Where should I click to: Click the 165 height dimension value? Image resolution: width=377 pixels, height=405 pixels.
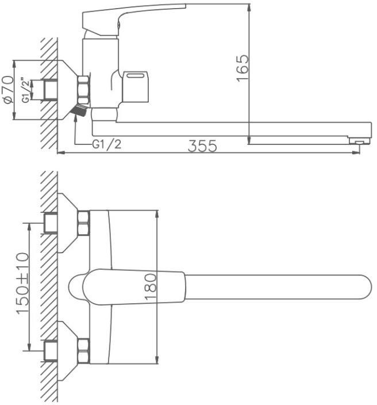(x=243, y=68)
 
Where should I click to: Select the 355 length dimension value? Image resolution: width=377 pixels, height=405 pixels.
(x=202, y=146)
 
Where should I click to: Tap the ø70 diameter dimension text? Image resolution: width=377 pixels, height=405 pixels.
(x=8, y=89)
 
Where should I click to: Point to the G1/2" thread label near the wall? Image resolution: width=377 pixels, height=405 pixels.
(x=25, y=90)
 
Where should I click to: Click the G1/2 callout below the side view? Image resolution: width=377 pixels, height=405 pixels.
(x=106, y=144)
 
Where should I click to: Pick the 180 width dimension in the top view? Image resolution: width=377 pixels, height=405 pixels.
(x=151, y=286)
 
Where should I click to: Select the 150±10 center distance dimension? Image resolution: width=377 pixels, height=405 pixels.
(x=22, y=283)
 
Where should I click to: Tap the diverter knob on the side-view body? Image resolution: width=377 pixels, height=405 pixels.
(x=136, y=87)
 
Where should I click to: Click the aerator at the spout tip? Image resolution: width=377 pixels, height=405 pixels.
(x=359, y=141)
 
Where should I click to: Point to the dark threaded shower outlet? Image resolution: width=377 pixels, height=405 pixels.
(x=80, y=110)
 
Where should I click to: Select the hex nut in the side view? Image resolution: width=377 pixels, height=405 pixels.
(x=83, y=90)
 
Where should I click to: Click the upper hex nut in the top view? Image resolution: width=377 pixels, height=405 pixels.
(x=83, y=223)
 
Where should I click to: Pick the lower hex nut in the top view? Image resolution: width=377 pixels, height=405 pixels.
(x=83, y=351)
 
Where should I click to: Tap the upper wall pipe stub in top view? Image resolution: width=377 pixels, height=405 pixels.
(x=51, y=223)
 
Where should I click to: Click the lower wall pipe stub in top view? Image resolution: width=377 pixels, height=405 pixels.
(x=51, y=351)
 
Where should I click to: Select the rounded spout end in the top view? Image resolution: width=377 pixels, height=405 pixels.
(x=365, y=287)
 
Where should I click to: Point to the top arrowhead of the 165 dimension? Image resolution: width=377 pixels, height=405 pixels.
(x=249, y=7)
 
